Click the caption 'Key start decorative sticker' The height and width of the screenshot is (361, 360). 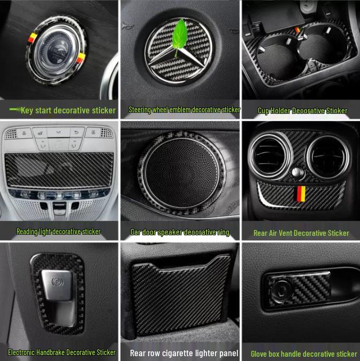(68, 111)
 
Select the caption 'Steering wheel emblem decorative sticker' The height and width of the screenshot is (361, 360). (185, 110)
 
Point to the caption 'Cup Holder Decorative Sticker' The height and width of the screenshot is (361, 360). (302, 111)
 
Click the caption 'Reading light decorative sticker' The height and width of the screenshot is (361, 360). (58, 232)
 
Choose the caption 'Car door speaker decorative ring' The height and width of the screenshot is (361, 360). (180, 232)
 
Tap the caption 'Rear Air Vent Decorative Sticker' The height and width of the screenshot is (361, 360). (301, 233)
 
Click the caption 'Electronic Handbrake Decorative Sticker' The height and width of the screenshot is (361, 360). (62, 352)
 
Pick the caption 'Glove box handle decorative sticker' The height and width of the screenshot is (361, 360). (304, 354)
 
